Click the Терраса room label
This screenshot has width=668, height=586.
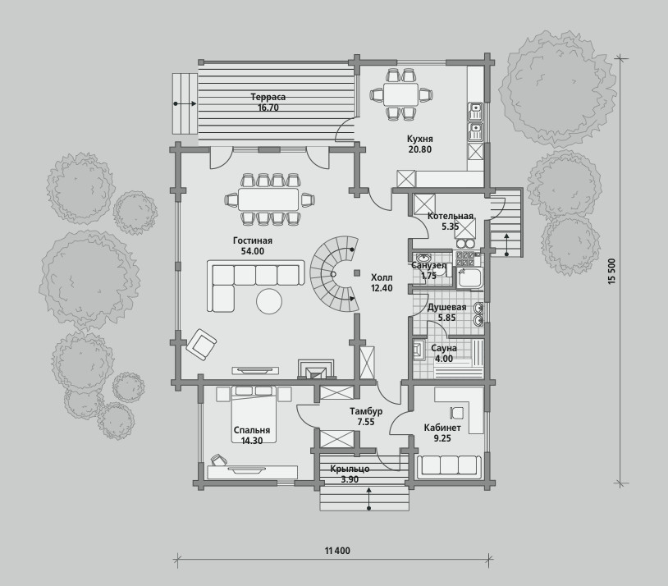point(268,97)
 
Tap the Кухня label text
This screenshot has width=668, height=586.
point(419,139)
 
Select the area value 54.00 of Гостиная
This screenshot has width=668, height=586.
point(253,251)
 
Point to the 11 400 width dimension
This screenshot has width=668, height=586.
point(337,551)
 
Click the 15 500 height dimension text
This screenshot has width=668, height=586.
point(612,271)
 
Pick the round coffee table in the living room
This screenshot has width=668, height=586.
point(269,301)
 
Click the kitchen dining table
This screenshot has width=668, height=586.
point(400,94)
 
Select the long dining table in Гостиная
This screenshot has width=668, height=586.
point(268,199)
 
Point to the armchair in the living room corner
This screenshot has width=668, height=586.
point(201,344)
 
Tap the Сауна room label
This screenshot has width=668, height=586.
point(444,348)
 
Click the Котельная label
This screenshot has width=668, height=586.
point(451,216)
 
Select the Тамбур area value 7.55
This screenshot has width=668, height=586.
point(366,422)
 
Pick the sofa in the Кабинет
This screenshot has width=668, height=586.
point(449,465)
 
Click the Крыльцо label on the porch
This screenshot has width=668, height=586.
point(350,469)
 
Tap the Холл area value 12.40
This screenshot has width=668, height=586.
point(382,288)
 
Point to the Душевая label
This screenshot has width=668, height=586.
point(446,307)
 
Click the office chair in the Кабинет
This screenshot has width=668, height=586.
point(455,412)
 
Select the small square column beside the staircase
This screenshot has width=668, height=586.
point(357,272)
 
